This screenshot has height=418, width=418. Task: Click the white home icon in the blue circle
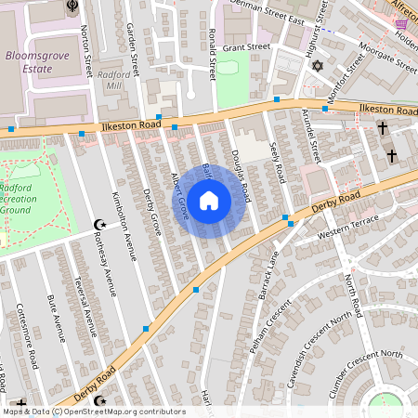point(209,200)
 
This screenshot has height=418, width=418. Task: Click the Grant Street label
point(246,46)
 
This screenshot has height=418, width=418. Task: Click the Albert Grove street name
point(179,195)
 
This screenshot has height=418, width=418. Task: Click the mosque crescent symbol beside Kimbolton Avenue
point(101,224)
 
